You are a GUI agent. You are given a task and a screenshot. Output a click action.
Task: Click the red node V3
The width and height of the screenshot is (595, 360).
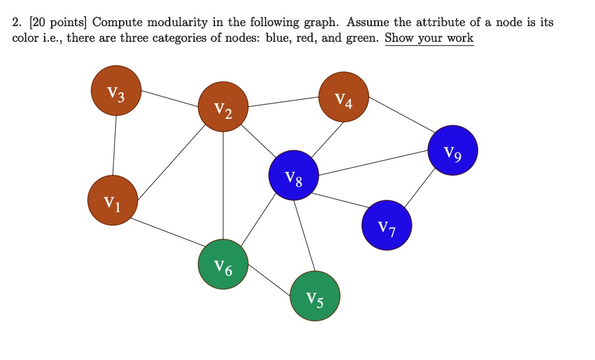click(x=116, y=91)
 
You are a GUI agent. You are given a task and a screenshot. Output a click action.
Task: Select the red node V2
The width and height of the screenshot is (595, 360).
click(x=223, y=107)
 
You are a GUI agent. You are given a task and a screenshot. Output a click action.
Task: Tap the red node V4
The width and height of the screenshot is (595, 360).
click(x=344, y=97)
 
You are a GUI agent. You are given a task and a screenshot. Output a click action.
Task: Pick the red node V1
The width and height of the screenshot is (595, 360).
click(x=113, y=200)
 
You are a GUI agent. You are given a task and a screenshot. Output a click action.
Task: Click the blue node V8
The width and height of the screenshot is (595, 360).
click(x=294, y=175)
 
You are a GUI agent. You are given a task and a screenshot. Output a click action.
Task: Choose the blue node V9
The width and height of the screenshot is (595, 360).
click(x=453, y=150)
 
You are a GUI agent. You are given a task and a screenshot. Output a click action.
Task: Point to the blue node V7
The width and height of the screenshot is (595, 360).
click(x=387, y=225)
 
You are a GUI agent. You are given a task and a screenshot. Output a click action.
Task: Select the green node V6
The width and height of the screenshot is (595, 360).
click(x=223, y=265)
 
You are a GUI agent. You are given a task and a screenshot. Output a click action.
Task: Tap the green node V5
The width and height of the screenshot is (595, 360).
click(x=315, y=296)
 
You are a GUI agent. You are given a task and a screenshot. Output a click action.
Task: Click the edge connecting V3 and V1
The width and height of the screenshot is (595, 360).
click(x=114, y=145)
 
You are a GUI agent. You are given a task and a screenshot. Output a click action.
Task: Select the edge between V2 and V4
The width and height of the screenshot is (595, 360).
click(x=284, y=102)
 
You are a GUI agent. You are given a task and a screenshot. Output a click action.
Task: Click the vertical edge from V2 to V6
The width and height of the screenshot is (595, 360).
click(x=223, y=186)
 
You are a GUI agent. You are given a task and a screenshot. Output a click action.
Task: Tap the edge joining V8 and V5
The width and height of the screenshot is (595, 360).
click(x=304, y=235)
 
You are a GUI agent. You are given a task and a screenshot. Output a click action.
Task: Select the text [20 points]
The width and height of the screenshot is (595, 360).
click(x=49, y=23)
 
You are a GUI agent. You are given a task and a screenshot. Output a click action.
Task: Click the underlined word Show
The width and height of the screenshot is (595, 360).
click(x=400, y=38)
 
